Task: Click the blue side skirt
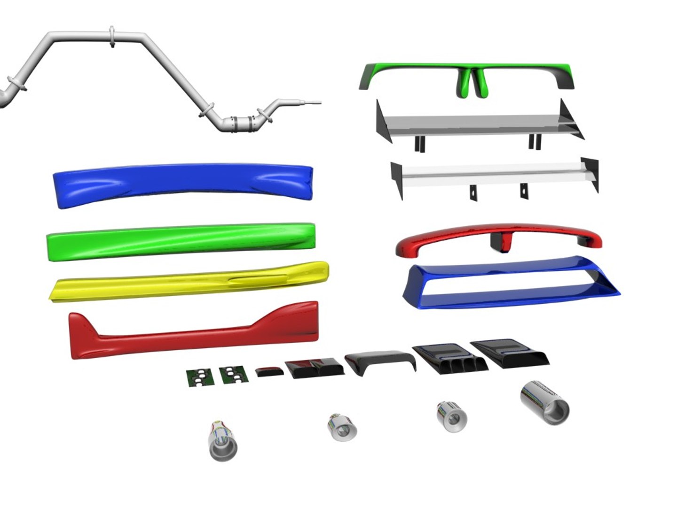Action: pos(183,183)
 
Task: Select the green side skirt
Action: pos(181,240)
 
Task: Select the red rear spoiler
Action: pos(498,237)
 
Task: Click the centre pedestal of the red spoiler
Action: pos(500,242)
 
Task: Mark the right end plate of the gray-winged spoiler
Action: pos(571,120)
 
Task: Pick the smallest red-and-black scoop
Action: pos(270,371)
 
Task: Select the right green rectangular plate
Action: pos(234,375)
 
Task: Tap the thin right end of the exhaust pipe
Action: pos(312,103)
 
